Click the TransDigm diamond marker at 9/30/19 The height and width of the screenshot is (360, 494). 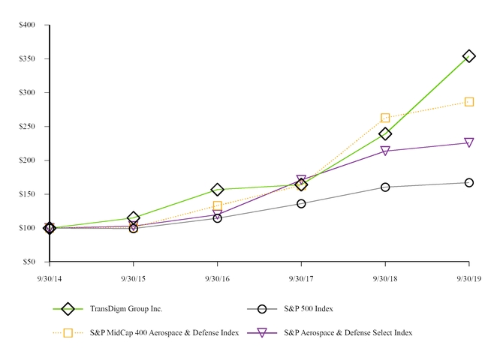(x=468, y=56)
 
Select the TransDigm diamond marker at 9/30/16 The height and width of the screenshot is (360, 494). (x=218, y=190)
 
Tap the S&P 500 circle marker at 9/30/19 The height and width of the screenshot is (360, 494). (x=468, y=182)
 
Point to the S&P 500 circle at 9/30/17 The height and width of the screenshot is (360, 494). (x=301, y=203)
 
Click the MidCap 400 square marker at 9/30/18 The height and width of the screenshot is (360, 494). (x=385, y=118)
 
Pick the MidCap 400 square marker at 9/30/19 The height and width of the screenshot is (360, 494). (x=468, y=101)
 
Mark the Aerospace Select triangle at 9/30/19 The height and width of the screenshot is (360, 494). (x=468, y=142)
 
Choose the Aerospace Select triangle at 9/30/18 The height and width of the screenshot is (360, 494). (x=385, y=151)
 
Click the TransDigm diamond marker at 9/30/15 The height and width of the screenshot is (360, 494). (x=134, y=218)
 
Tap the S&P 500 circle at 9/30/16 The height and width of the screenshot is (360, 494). (x=218, y=218)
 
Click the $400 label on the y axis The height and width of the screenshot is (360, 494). (x=27, y=25)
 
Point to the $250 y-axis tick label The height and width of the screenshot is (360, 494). (x=27, y=126)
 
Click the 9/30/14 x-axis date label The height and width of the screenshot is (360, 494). (x=50, y=277)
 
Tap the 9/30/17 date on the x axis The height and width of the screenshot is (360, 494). (x=301, y=277)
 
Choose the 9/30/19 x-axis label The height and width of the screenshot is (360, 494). (x=468, y=277)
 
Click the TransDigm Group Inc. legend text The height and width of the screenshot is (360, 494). (x=126, y=308)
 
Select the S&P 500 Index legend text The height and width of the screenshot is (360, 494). (x=309, y=308)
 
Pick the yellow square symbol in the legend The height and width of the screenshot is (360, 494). (x=68, y=332)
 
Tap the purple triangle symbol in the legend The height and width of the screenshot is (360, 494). (x=262, y=332)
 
